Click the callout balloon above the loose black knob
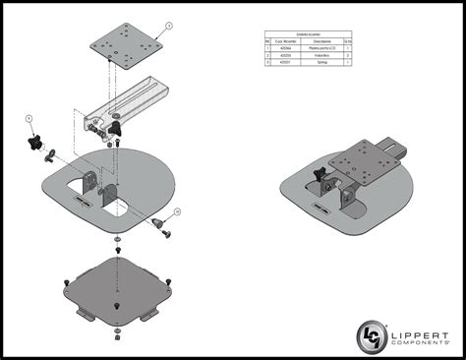[29, 118]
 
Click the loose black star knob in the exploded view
[38, 144]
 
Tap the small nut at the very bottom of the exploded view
[118, 337]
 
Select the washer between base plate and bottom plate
[117, 240]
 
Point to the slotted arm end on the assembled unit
[394, 149]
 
